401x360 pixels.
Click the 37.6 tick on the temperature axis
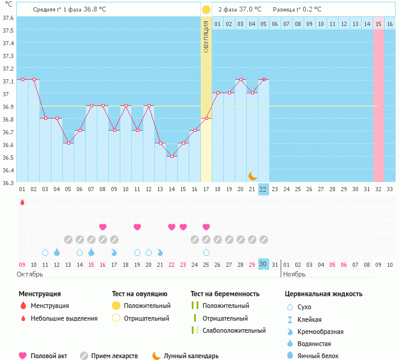tap(8, 18)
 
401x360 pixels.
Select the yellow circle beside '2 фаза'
tap(206, 10)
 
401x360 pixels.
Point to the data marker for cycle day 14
tap(172, 156)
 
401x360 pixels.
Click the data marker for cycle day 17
tap(206, 118)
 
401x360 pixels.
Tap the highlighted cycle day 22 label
tap(263, 189)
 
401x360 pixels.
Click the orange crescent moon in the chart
tap(253, 176)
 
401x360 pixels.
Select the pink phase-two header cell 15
tap(379, 24)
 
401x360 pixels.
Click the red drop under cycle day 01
tap(22, 202)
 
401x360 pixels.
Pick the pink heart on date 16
tap(103, 227)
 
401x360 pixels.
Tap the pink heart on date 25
tap(206, 227)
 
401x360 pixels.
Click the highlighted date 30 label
tap(263, 264)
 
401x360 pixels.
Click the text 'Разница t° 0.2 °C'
tap(297, 10)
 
